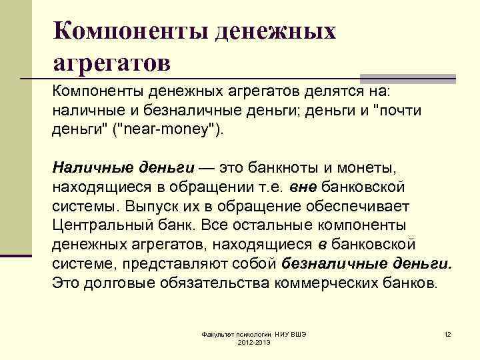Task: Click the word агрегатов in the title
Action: [x=111, y=63]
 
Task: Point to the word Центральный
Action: [x=107, y=224]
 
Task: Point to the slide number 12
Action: [x=447, y=333]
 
